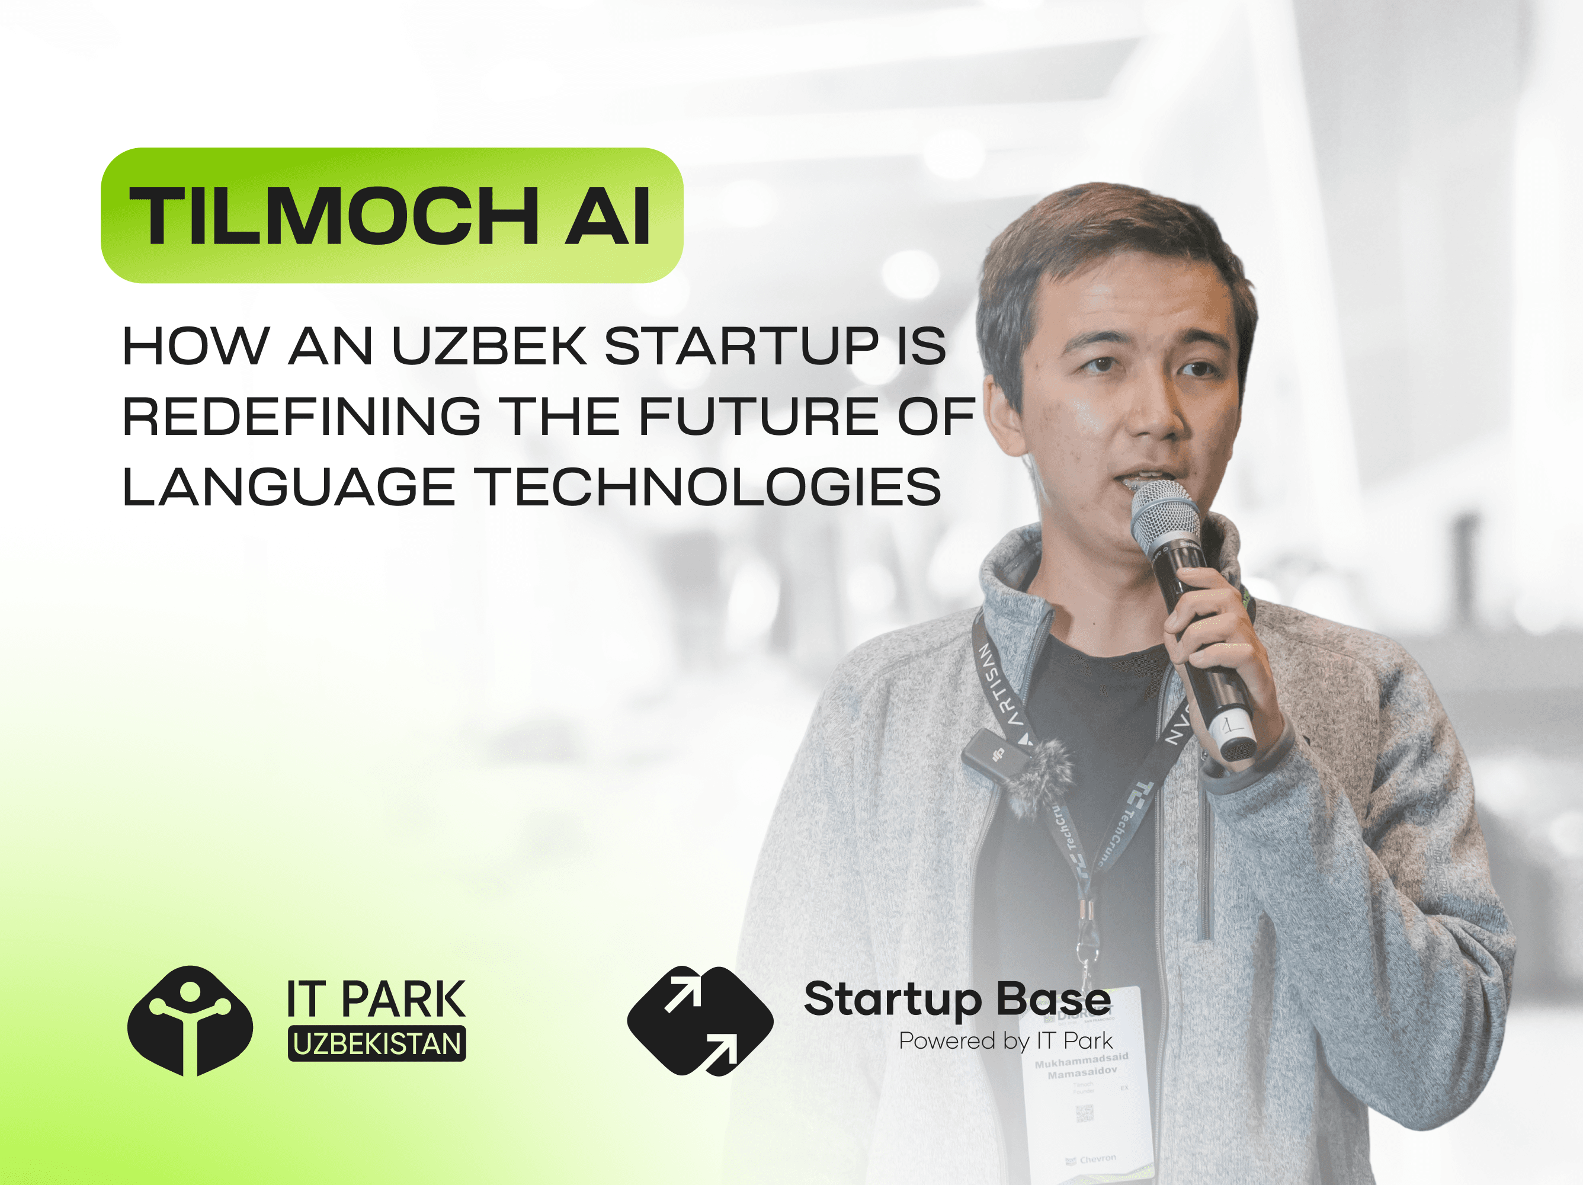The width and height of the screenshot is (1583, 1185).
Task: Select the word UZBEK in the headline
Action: pos(489,347)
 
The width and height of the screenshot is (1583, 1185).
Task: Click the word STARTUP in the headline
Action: pos(741,347)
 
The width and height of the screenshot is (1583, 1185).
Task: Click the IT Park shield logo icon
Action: pos(190,1020)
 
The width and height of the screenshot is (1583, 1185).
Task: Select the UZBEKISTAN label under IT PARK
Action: pos(376,1044)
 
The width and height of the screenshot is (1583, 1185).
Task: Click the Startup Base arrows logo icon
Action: pos(700,1020)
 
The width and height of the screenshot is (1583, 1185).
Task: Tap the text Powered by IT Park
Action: pos(1005,1040)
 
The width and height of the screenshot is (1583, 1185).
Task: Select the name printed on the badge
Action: pos(1081,1065)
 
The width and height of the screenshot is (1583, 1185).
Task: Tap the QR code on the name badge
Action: pos(1084,1112)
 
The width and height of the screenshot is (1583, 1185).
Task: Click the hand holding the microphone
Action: pos(1217,644)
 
